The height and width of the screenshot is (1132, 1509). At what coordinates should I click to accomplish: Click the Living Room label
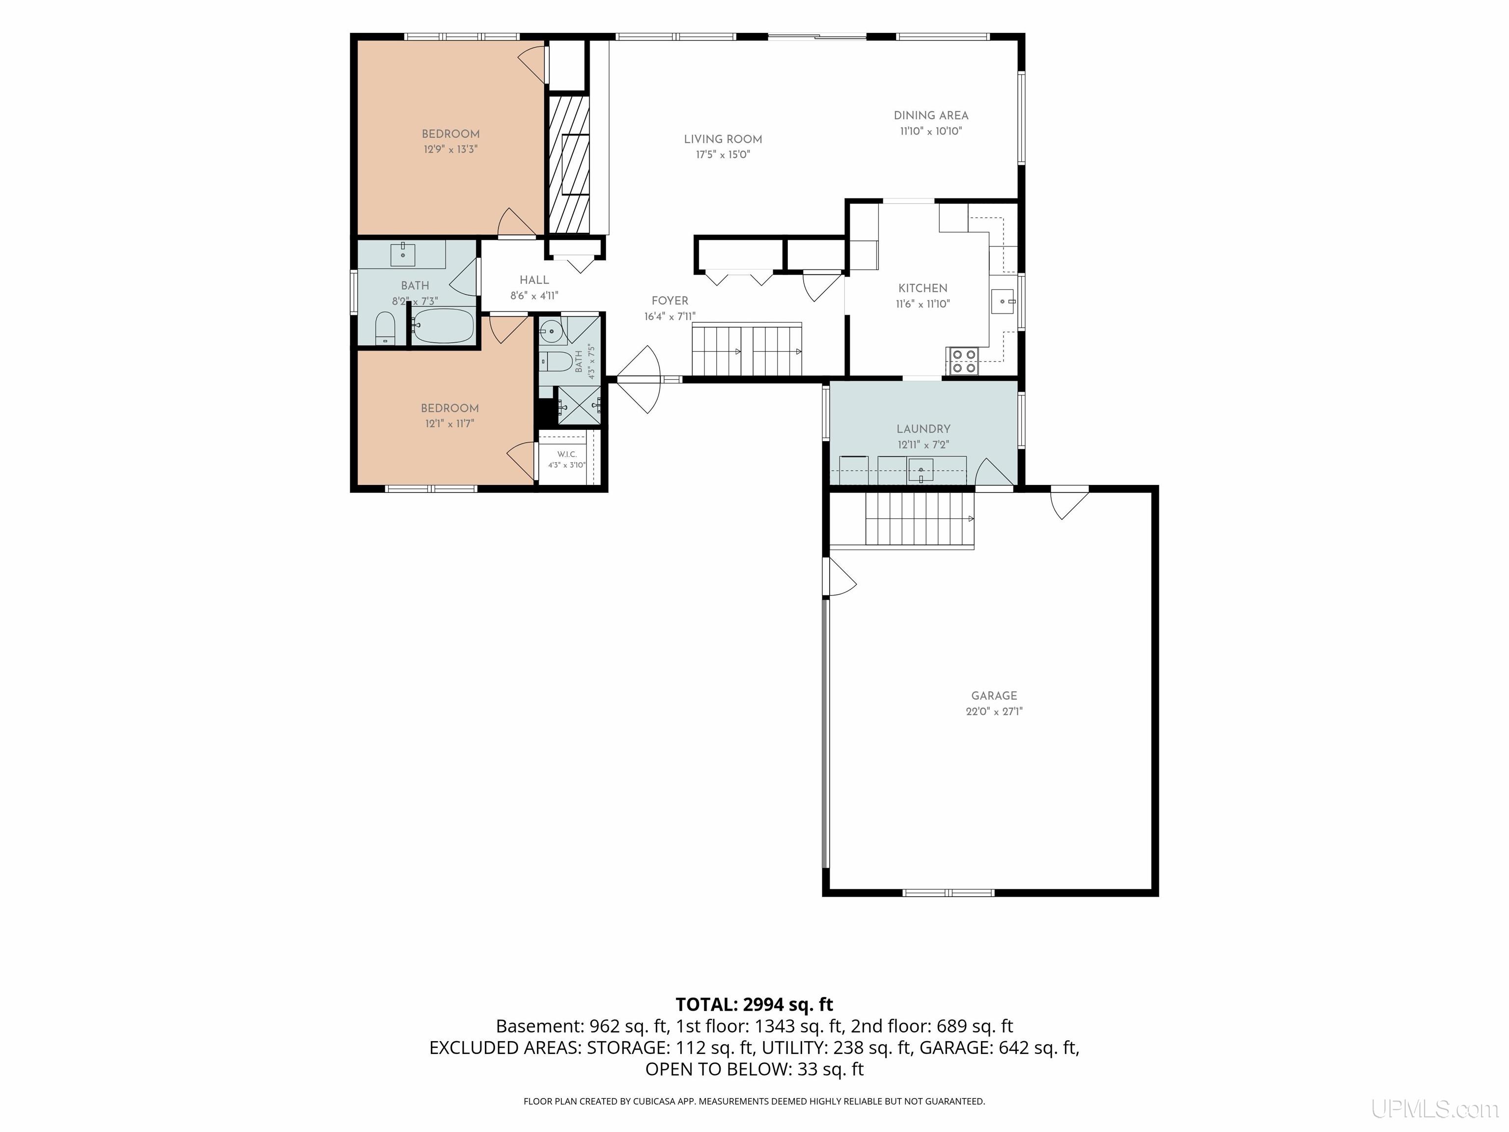coord(723,139)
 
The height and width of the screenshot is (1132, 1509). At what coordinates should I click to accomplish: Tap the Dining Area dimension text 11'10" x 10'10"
coord(931,131)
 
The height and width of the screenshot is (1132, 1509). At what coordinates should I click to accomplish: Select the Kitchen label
coord(923,288)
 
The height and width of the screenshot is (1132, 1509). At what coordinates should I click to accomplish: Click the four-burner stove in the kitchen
coord(962,361)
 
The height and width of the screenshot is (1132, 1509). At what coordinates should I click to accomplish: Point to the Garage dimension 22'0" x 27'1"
coord(994,711)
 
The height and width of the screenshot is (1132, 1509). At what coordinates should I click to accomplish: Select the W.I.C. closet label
coord(567,454)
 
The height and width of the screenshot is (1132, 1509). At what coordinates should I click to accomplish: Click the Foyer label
coord(670,301)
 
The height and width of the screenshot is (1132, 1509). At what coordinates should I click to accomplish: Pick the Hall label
coord(534,280)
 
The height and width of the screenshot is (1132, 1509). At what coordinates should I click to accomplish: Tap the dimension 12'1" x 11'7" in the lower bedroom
coord(449,424)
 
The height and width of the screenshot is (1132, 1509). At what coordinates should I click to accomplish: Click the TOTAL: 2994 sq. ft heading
coord(754,1004)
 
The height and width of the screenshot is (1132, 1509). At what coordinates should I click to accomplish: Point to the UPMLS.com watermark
coord(1435,1109)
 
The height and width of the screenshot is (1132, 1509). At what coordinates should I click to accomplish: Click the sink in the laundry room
coord(921,470)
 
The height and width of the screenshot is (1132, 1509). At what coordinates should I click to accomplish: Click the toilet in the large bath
coord(386,329)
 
